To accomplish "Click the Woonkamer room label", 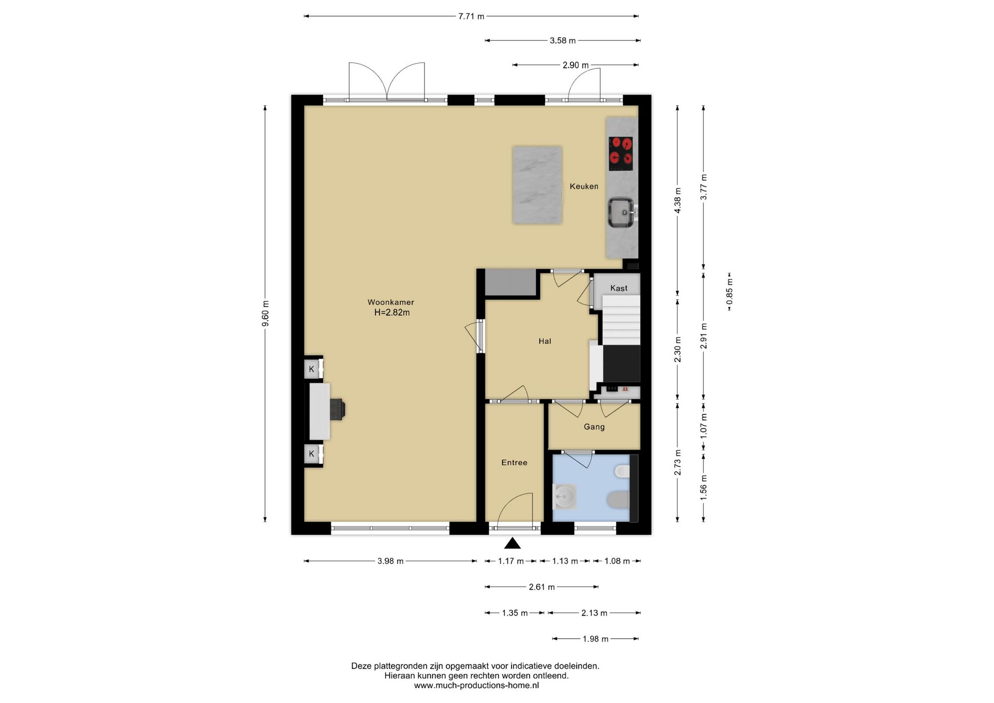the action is (x=391, y=302).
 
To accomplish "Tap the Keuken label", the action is (x=584, y=186).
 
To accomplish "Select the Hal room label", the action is (x=545, y=341).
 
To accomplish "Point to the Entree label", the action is (x=514, y=463).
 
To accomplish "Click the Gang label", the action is (x=594, y=427).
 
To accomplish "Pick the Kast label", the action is (x=619, y=288).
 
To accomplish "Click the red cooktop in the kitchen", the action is (x=621, y=153).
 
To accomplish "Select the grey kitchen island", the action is (x=537, y=185).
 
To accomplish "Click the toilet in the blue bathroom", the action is (x=618, y=500).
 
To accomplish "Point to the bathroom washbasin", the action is (x=564, y=496).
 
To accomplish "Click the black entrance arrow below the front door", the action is (x=513, y=543).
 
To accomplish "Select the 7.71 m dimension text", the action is (x=471, y=17).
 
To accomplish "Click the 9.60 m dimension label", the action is (x=266, y=314).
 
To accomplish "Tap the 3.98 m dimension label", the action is (x=390, y=561).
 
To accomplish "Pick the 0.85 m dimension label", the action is (x=729, y=292).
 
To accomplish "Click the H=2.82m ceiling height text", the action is (x=392, y=313).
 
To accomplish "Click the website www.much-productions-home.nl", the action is (x=476, y=685).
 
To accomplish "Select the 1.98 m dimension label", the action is (x=595, y=639).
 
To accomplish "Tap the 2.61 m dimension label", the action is (x=542, y=587).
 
